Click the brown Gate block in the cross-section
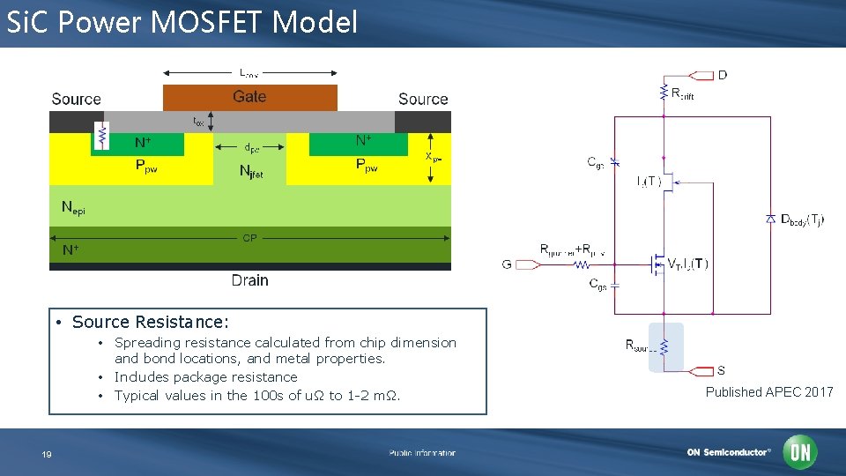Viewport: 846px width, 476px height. pyautogui.click(x=249, y=97)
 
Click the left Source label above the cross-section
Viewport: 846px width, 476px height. pyautogui.click(x=76, y=100)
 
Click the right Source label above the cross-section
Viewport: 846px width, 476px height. pyautogui.click(x=423, y=100)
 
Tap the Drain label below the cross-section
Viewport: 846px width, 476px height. pyautogui.click(x=249, y=280)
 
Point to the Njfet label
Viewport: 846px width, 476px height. pyautogui.click(x=251, y=173)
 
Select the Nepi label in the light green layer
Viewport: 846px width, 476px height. pyautogui.click(x=73, y=209)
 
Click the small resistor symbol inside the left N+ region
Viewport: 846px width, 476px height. pyautogui.click(x=102, y=137)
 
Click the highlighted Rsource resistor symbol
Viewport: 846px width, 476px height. pyautogui.click(x=665, y=346)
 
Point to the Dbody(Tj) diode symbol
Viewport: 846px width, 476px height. pyautogui.click(x=770, y=219)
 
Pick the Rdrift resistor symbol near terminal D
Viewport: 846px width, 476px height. pyautogui.click(x=664, y=93)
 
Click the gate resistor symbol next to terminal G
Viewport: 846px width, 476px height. pyautogui.click(x=582, y=264)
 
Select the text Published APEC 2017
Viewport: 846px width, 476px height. pyautogui.click(x=768, y=392)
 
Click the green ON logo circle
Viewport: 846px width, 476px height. pyautogui.click(x=801, y=452)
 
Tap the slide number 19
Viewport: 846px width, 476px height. pyautogui.click(x=47, y=454)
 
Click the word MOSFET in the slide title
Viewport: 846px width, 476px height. pyautogui.click(x=208, y=22)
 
